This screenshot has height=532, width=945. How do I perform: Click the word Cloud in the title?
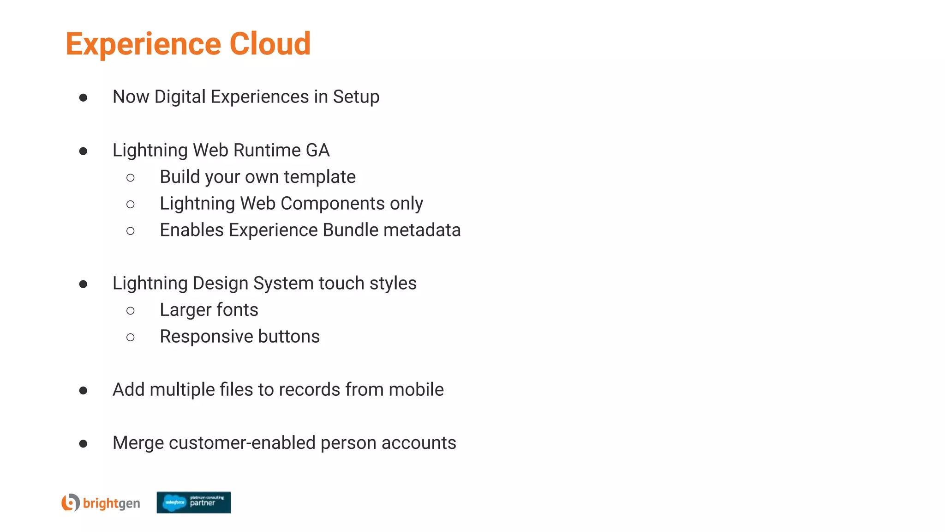point(270,44)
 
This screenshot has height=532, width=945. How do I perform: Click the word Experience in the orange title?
point(143,45)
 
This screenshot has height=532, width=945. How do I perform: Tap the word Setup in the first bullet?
point(356,97)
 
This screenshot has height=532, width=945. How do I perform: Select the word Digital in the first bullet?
point(180,97)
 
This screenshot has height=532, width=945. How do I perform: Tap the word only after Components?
point(406,204)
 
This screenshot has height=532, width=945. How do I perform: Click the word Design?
point(221,284)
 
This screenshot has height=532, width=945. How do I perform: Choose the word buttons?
point(289,337)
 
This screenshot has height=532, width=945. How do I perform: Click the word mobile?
point(416,390)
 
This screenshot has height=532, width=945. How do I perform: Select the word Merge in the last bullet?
point(138,443)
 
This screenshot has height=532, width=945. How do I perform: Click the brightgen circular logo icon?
point(71,502)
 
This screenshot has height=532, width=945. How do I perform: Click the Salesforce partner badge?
point(193,502)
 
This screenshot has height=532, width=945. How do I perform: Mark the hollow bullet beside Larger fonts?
point(131,311)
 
